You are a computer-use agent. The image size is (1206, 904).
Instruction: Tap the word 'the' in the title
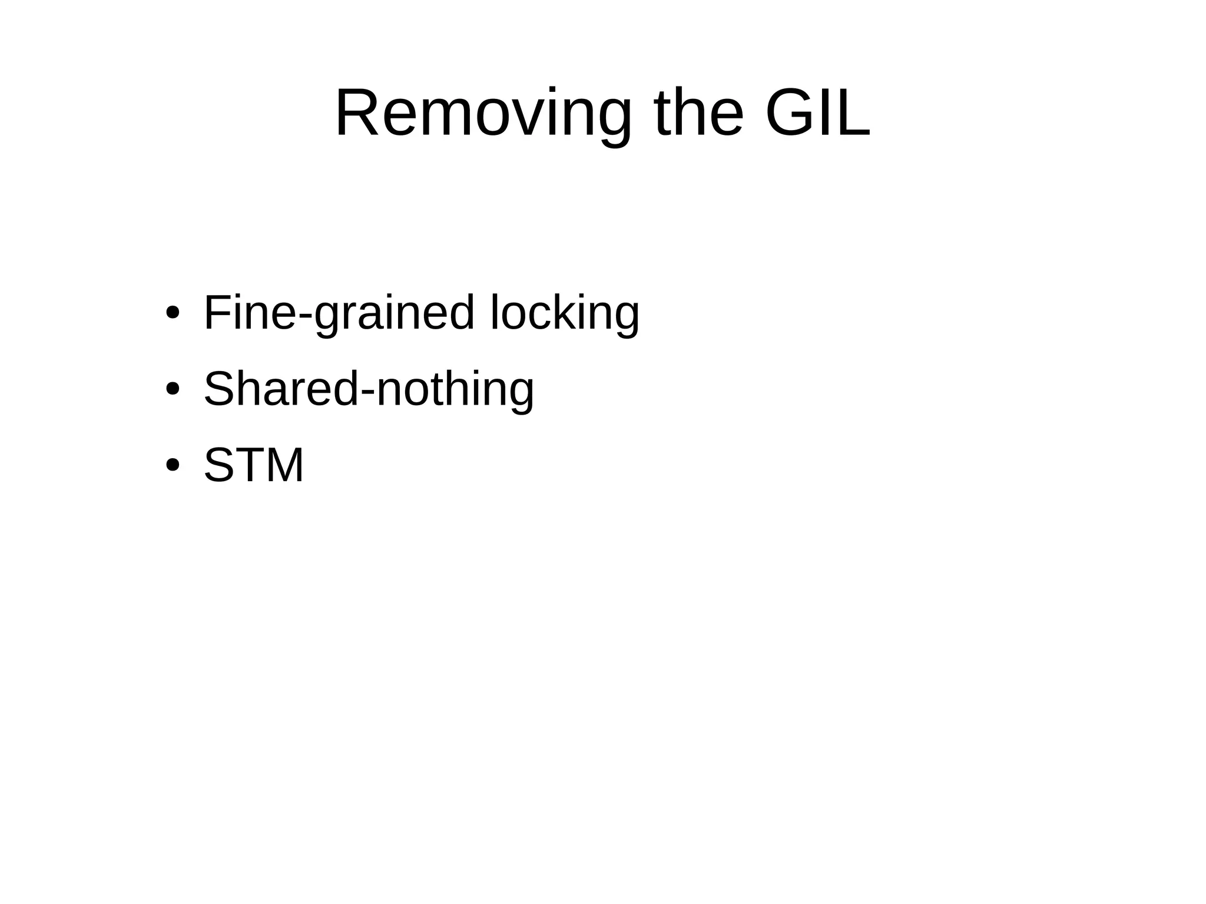click(x=698, y=114)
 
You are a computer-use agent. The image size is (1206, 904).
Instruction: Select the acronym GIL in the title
click(x=817, y=114)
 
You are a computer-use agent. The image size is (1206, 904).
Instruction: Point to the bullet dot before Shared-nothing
click(x=172, y=389)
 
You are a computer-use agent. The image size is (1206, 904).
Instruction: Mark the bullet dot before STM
click(x=172, y=465)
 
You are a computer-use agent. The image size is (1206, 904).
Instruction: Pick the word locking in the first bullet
click(x=564, y=313)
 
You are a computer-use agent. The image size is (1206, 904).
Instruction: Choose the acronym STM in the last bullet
click(x=254, y=465)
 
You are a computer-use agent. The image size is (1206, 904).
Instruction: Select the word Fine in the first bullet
click(x=250, y=313)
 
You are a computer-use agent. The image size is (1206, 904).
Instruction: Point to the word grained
click(x=393, y=313)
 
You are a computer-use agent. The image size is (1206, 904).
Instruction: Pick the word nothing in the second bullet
click(x=455, y=389)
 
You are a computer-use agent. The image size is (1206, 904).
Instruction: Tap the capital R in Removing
click(x=356, y=114)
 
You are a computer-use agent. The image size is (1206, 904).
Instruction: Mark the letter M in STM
click(x=284, y=465)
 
